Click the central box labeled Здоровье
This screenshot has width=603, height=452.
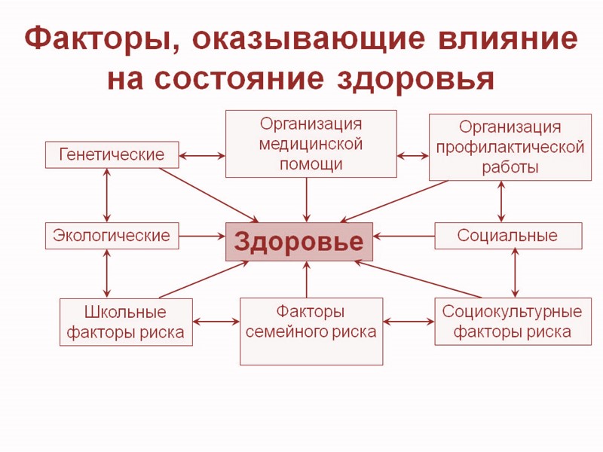pyautogui.click(x=299, y=242)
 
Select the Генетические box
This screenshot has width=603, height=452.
pyautogui.click(x=112, y=154)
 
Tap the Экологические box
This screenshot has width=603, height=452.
pyautogui.click(x=112, y=236)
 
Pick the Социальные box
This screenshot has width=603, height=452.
pyautogui.click(x=508, y=236)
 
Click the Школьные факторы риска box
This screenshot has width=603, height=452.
pyautogui.click(x=126, y=322)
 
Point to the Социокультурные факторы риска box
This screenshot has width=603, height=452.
pyautogui.click(x=513, y=322)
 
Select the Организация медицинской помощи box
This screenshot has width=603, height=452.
pyautogui.click(x=311, y=143)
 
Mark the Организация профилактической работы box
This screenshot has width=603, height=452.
pyautogui.click(x=510, y=147)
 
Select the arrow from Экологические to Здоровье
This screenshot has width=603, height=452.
pyautogui.click(x=202, y=236)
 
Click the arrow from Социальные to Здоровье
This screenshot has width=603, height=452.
pyautogui.click(x=404, y=236)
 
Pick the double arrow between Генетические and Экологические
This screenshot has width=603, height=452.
pyautogui.click(x=107, y=195)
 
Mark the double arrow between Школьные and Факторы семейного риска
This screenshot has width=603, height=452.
pyautogui.click(x=216, y=322)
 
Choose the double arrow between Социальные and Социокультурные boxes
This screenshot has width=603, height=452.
pyautogui.click(x=516, y=273)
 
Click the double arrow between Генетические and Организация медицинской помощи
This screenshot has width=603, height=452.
pyautogui.click(x=202, y=156)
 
